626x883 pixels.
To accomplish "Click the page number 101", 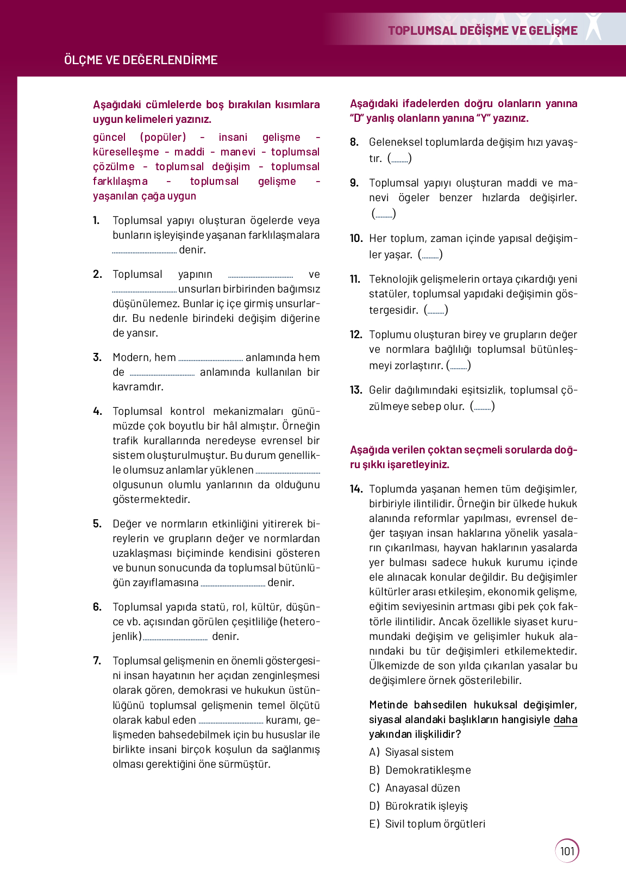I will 567,851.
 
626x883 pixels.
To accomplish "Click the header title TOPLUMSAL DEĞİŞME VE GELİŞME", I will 483,30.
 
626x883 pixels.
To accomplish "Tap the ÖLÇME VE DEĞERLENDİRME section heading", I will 141,60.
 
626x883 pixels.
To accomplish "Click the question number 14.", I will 356,489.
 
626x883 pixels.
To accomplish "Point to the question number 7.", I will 97,661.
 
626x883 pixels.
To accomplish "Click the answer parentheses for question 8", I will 399,158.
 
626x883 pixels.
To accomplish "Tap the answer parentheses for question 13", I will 482,406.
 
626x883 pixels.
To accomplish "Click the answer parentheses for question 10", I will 430,254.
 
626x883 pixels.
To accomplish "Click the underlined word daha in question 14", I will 565,719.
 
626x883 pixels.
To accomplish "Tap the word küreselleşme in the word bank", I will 126,152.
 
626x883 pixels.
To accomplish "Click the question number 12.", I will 356,334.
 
